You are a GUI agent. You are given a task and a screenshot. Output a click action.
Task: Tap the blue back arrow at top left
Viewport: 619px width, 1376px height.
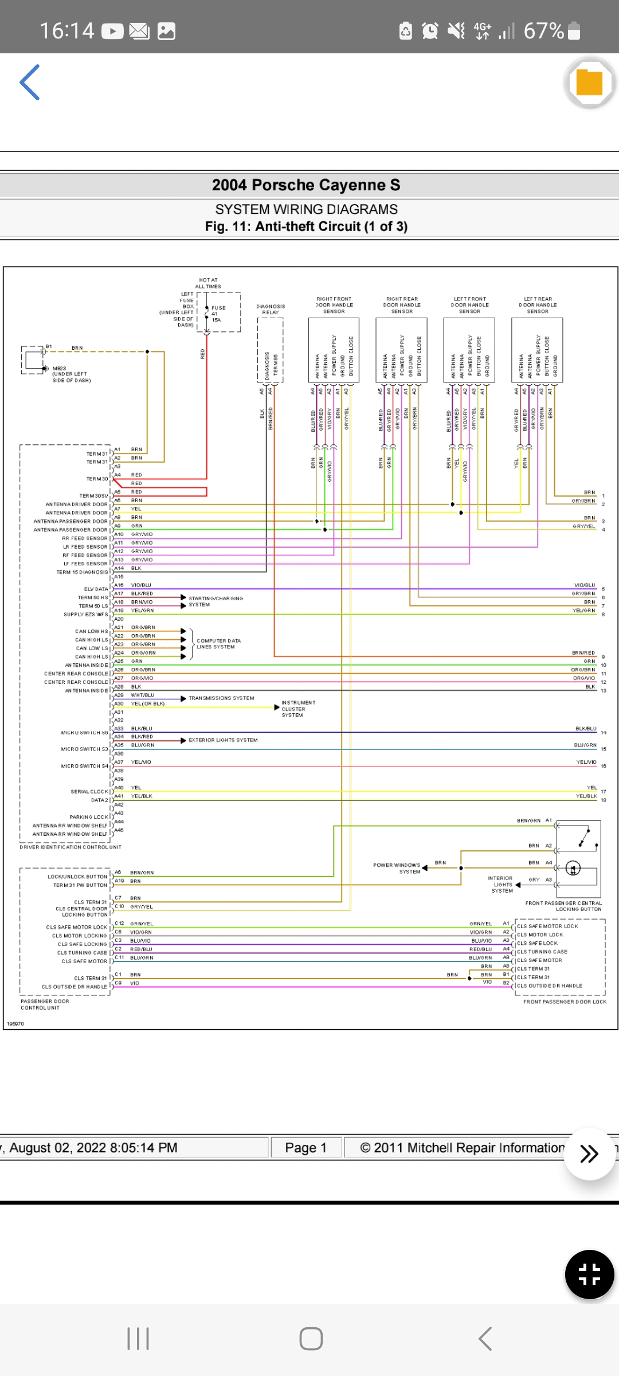click(x=30, y=83)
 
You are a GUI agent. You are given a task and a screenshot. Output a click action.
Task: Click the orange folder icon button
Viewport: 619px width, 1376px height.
click(x=589, y=83)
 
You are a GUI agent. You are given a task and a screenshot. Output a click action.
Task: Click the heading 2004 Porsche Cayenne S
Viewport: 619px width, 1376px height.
click(x=306, y=185)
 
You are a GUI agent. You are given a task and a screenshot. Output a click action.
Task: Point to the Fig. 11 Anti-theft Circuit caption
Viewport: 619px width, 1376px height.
click(x=306, y=226)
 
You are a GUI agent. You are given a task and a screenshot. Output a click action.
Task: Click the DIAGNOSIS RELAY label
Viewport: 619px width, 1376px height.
click(x=271, y=310)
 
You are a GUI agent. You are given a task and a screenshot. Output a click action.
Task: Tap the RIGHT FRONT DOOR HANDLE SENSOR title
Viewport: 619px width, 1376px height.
click(x=334, y=305)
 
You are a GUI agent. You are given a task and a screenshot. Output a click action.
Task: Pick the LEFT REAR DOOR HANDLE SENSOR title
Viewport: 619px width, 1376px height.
click(x=538, y=305)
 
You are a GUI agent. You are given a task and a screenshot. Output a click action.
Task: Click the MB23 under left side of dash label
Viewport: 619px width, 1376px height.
click(x=71, y=374)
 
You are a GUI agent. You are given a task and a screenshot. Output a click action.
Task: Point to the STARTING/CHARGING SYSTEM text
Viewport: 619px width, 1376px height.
click(x=216, y=601)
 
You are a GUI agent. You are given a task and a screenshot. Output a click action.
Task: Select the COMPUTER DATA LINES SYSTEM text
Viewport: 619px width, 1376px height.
click(x=218, y=644)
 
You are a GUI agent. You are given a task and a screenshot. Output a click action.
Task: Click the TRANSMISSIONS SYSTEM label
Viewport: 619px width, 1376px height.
click(x=221, y=698)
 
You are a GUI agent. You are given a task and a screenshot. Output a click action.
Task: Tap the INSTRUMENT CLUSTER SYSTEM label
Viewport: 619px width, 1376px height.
click(x=298, y=709)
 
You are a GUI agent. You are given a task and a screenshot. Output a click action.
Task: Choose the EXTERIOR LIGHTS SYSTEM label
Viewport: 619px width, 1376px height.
click(x=223, y=740)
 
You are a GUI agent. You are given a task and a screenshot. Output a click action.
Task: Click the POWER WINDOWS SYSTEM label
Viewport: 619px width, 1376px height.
click(x=397, y=868)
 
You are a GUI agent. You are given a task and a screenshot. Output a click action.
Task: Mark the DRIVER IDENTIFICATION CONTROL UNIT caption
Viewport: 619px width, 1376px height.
click(x=70, y=847)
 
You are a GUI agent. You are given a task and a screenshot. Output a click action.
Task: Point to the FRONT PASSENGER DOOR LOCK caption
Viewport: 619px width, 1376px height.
click(x=565, y=1002)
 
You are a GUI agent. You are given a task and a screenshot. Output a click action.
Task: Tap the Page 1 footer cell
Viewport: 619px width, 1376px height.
click(x=306, y=1148)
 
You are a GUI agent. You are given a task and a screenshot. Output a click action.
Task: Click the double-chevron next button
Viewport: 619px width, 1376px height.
click(x=589, y=1154)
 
